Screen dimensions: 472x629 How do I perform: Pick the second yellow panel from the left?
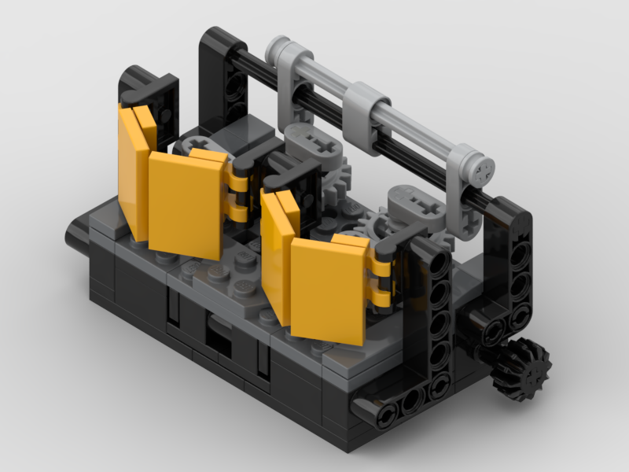point(186,203)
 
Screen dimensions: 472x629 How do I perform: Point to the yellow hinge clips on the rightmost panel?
point(381,279)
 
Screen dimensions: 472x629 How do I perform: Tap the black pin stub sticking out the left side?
point(76,234)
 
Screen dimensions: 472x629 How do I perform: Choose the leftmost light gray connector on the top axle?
point(291,67)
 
